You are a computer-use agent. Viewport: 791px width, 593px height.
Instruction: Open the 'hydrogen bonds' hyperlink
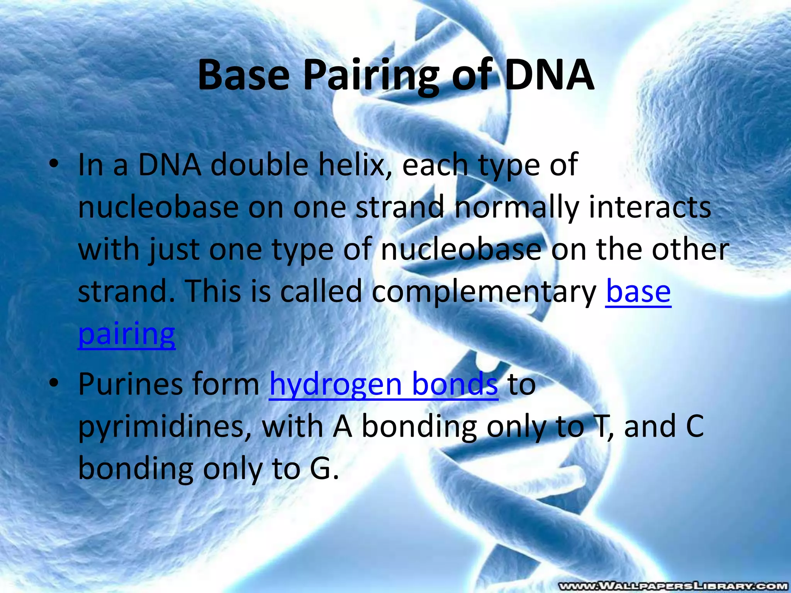384,384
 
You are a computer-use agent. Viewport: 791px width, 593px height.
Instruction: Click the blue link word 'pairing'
127,334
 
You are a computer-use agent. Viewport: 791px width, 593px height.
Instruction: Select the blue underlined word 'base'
638,291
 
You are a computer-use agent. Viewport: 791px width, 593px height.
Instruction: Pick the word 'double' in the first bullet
259,165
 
